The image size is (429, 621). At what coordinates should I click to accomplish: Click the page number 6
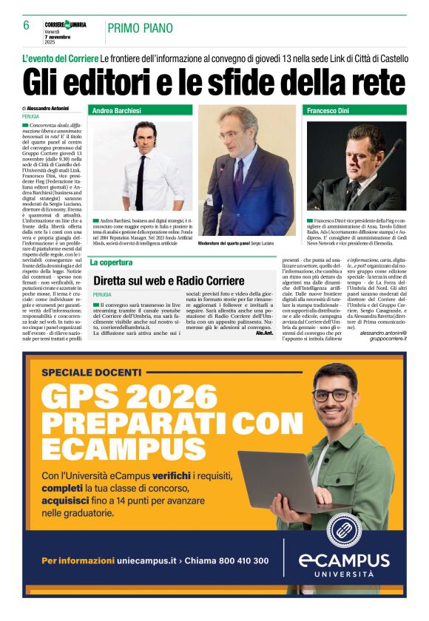pos(26,26)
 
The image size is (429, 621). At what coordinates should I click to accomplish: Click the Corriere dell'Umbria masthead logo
pos(65,24)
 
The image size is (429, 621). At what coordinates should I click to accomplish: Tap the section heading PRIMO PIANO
pos(141,28)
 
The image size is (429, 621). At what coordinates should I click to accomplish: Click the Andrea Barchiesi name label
pos(116,111)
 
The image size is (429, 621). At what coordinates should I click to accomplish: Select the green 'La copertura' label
pos(111,262)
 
